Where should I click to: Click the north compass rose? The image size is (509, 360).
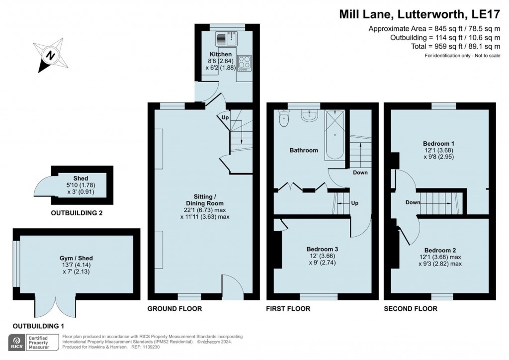(51, 55)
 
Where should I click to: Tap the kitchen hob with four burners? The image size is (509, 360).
(244, 63)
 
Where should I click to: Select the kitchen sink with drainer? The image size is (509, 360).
(226, 39)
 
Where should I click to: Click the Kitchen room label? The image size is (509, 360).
(221, 54)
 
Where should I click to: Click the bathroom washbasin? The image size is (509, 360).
(309, 116)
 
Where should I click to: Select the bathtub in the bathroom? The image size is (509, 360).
(335, 135)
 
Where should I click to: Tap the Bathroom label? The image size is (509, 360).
(304, 150)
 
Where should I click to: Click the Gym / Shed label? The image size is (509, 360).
(76, 258)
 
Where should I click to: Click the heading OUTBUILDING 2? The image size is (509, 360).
(77, 213)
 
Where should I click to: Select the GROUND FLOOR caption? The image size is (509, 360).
(174, 309)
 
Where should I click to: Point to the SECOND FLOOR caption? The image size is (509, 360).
(411, 309)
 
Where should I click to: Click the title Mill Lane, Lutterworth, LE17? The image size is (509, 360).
(420, 14)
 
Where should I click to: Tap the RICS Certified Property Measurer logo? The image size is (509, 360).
(34, 343)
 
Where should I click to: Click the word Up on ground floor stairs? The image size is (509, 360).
(225, 117)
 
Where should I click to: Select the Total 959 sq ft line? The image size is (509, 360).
(456, 46)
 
